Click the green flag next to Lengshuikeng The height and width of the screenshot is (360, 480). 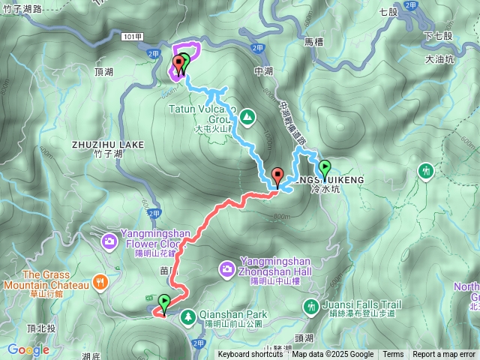pos(325,168)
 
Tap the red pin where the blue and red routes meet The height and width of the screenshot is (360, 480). pos(278,178)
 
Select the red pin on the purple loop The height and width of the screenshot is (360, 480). pos(178,64)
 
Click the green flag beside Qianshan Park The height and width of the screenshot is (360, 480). pos(164,303)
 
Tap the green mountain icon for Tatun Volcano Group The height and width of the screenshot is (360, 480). pos(247,116)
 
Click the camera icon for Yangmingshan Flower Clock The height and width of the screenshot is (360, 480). pos(109,241)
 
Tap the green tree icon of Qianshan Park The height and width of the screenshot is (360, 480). pos(187,316)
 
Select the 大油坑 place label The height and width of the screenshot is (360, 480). pos(439,59)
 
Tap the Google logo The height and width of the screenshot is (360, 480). pos(28,349)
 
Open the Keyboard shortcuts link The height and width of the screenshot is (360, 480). pos(250,355)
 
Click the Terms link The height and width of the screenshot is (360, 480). pos(393,355)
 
